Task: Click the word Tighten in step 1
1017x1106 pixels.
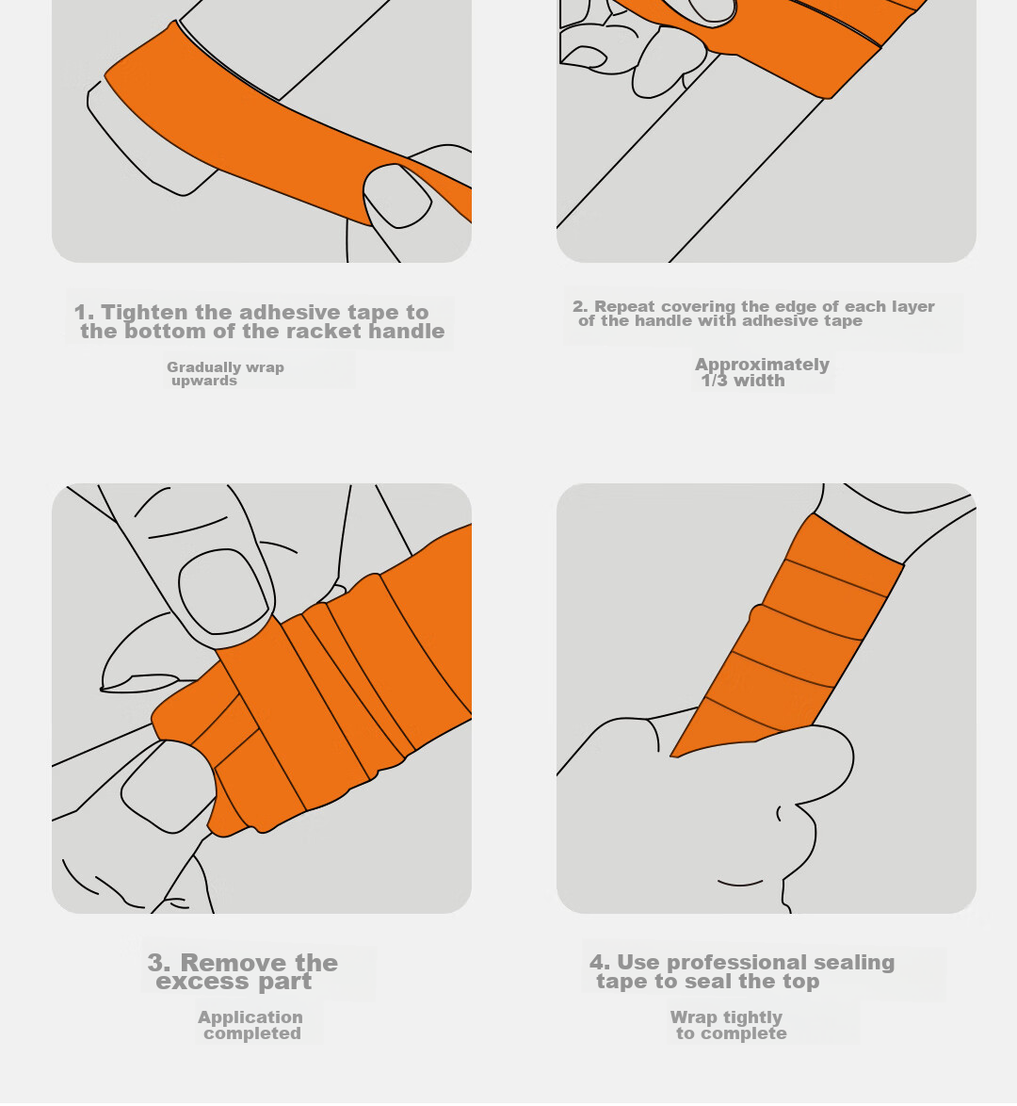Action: click(x=145, y=313)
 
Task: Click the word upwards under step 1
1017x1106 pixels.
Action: click(x=204, y=381)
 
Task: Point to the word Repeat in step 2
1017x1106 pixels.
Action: click(x=625, y=307)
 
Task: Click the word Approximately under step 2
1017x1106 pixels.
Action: click(x=763, y=365)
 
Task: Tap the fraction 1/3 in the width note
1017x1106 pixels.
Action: click(x=715, y=381)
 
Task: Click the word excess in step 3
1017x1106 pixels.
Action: click(x=202, y=982)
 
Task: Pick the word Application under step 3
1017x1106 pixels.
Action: click(x=250, y=1017)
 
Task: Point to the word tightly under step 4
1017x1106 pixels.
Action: click(x=753, y=1017)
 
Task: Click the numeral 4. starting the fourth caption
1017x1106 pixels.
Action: click(x=600, y=962)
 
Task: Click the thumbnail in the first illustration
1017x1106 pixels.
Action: click(x=396, y=195)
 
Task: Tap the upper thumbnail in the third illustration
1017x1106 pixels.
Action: click(x=224, y=591)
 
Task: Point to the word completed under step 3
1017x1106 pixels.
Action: click(x=252, y=1033)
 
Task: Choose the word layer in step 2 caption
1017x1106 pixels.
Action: click(x=909, y=307)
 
